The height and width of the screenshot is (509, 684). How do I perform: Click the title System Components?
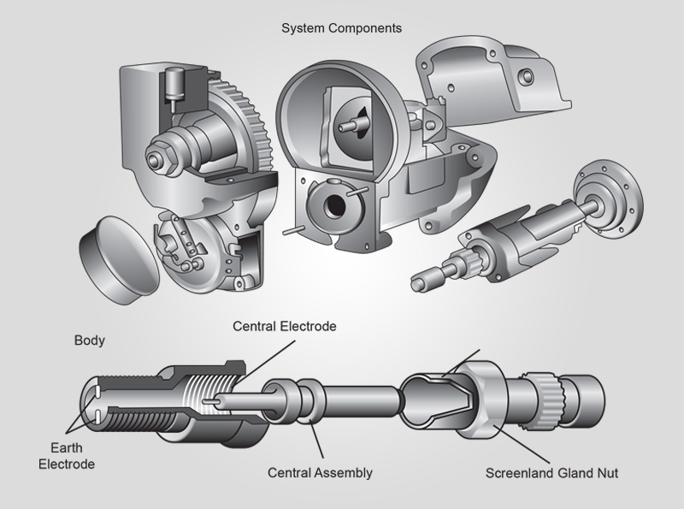341,28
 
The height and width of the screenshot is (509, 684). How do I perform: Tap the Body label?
90,340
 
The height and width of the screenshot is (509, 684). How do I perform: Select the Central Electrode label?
285,327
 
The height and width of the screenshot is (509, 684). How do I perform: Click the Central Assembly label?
320,472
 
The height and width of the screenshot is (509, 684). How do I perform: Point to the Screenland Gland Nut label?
551,472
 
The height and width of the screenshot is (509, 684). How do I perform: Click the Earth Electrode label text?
71,457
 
